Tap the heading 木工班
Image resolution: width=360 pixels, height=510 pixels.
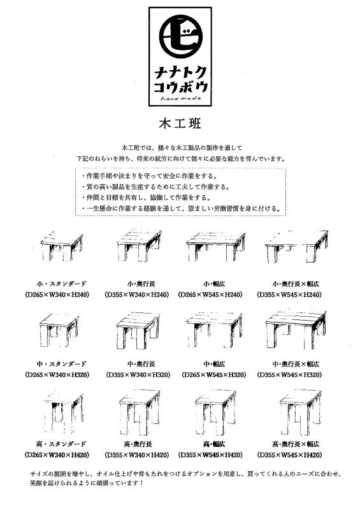(x=180, y=124)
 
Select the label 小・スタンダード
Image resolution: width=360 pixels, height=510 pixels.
(x=61, y=284)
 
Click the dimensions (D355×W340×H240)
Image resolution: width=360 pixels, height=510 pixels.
(x=137, y=295)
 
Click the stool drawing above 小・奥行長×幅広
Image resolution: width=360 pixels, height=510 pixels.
(x=296, y=246)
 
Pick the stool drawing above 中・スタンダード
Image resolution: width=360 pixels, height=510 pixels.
(x=59, y=330)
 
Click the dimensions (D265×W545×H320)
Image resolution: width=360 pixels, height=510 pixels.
(x=214, y=375)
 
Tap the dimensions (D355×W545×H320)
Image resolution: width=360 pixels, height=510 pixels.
(x=289, y=375)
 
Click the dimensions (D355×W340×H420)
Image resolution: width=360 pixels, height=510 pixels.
(x=137, y=455)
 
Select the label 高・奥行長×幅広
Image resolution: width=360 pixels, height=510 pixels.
(x=296, y=444)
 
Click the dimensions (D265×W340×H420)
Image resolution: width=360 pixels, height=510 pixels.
(x=57, y=455)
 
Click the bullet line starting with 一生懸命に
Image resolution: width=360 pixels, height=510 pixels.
(x=181, y=208)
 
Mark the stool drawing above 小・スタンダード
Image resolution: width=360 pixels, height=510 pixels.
(x=62, y=246)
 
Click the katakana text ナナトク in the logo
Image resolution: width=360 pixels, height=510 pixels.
(x=180, y=71)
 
